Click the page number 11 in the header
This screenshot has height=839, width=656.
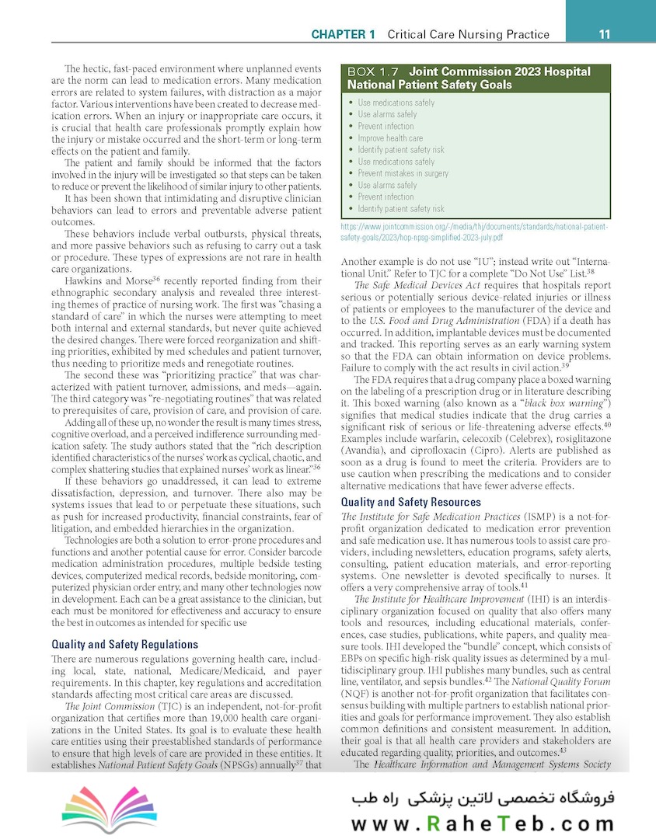coord(604,34)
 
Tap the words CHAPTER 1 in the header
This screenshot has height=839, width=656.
coord(343,34)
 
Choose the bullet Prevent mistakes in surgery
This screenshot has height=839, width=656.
coord(403,173)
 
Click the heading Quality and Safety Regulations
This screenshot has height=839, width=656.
coord(124,644)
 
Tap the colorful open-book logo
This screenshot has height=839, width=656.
coord(109,806)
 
